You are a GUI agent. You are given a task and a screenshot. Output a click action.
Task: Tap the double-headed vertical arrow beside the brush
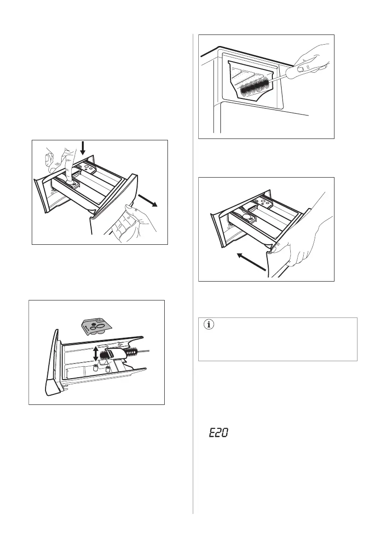(95, 354)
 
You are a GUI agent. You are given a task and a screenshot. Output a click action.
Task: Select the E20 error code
(219, 433)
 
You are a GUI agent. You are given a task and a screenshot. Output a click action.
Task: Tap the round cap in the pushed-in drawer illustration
(249, 216)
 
